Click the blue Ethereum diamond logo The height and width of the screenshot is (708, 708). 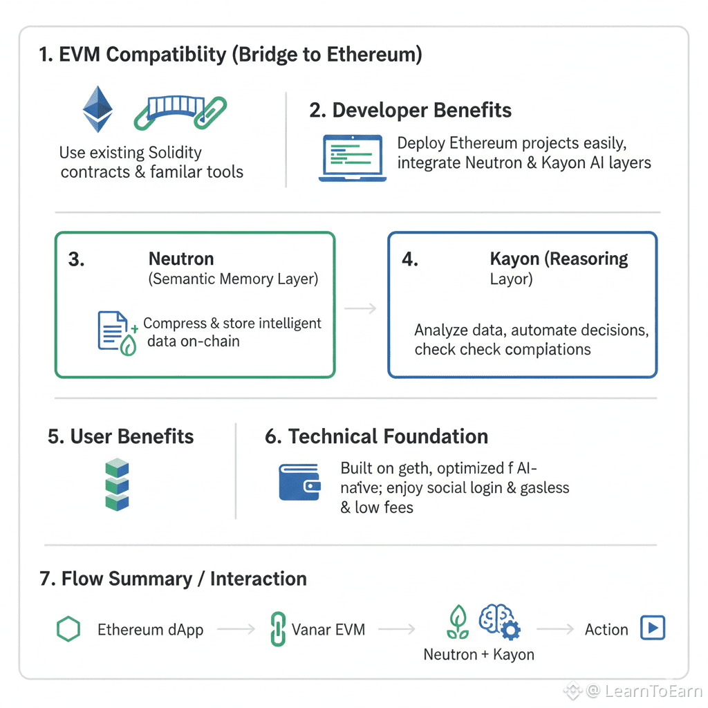click(x=97, y=109)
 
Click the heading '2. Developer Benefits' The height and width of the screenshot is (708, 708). click(x=411, y=111)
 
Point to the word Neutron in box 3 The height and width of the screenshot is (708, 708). click(x=181, y=259)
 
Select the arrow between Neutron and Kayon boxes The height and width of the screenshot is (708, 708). click(x=360, y=308)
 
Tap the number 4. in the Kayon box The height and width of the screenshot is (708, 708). click(x=410, y=260)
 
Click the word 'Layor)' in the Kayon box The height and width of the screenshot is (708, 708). click(x=512, y=280)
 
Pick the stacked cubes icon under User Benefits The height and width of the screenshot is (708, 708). click(x=117, y=485)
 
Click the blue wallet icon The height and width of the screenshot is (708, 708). click(x=299, y=482)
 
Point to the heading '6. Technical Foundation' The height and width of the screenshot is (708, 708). click(x=377, y=437)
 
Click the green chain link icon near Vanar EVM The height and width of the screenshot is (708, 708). click(x=277, y=630)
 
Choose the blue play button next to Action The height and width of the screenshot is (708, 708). click(x=653, y=628)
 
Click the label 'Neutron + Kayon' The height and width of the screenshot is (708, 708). click(x=478, y=654)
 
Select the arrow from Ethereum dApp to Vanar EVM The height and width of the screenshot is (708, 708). click(x=236, y=630)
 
